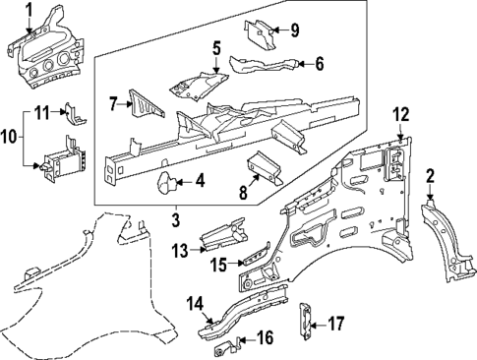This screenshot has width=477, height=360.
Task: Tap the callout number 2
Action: point(430,177)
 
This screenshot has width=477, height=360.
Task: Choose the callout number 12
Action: point(400,114)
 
